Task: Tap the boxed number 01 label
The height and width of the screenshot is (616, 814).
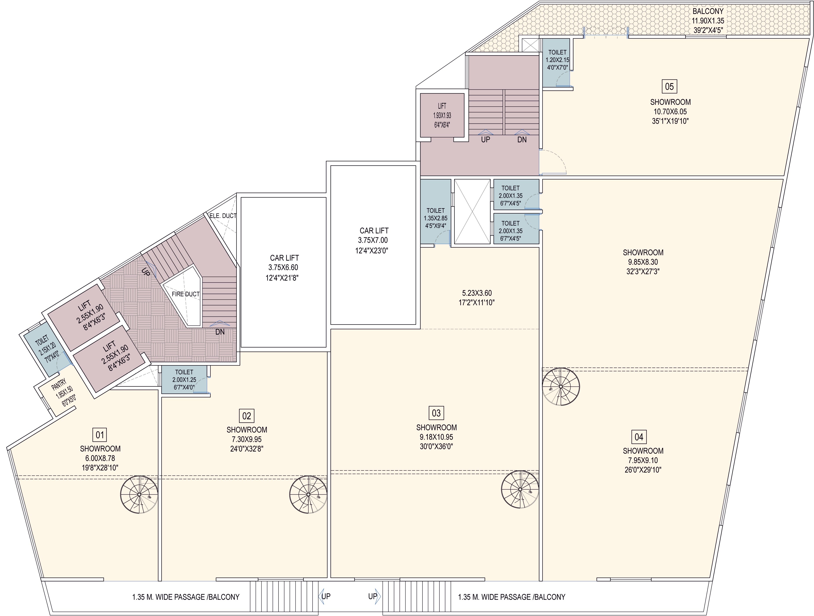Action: (x=100, y=435)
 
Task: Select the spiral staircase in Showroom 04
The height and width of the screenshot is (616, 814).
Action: (x=561, y=387)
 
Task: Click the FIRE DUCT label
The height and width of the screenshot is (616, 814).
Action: (x=186, y=294)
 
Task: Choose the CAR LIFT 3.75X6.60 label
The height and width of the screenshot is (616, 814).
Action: (x=284, y=268)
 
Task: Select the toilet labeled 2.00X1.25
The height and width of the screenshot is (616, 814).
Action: (x=184, y=379)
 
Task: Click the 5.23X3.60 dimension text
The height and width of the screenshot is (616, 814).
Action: (x=477, y=298)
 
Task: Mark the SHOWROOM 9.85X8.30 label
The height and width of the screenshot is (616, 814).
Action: (x=643, y=262)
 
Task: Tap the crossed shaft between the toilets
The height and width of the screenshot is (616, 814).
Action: (x=472, y=211)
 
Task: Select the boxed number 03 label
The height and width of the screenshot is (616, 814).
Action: (x=436, y=413)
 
